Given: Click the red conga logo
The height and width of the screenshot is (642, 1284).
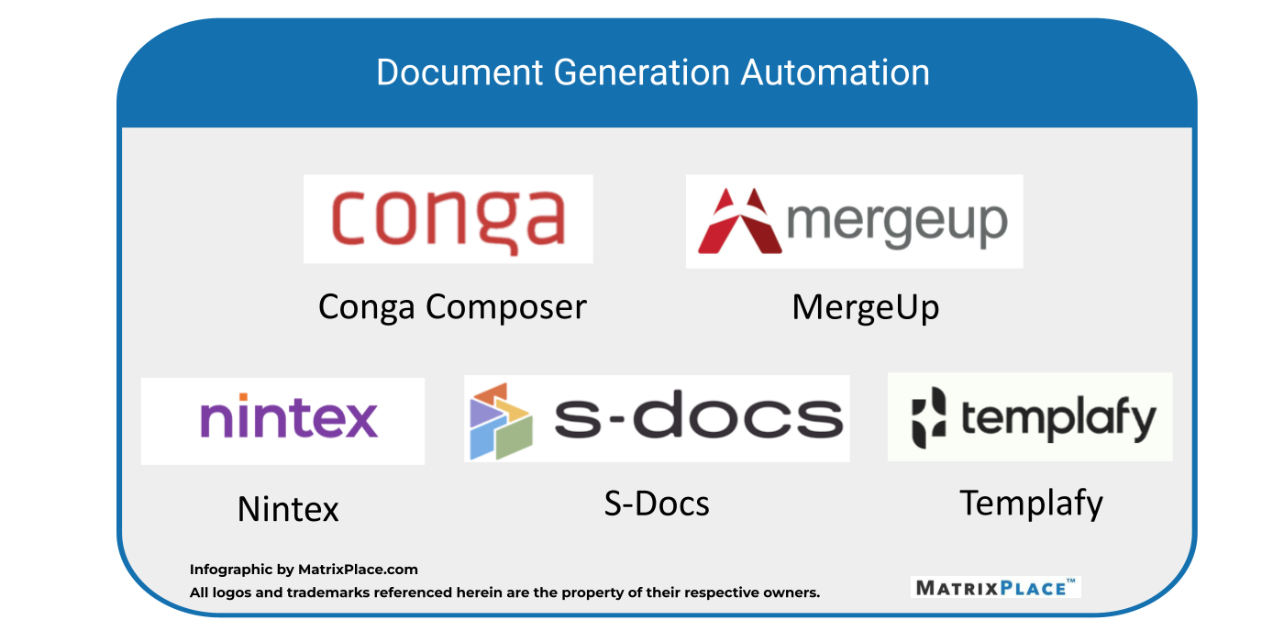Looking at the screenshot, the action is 448,219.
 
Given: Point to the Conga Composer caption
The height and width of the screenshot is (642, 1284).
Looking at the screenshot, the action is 452,307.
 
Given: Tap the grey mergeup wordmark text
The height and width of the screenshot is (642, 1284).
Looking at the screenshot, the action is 898,222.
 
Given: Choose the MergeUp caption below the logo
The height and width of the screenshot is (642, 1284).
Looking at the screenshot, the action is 865,307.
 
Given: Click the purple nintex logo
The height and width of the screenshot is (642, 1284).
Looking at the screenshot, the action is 289,418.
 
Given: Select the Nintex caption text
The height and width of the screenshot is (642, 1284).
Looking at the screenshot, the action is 288,509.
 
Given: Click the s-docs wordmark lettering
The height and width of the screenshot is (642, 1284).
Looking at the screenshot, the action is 698,418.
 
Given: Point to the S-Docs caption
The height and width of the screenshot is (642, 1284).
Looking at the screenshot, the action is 657,504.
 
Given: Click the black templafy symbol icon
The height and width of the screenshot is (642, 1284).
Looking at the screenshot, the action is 928,418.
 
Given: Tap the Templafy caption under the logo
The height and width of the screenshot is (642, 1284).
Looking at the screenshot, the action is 1031,503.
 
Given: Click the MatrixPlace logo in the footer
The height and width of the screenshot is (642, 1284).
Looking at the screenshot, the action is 995,587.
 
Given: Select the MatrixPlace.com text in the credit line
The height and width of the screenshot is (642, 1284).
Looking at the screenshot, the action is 358,570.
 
